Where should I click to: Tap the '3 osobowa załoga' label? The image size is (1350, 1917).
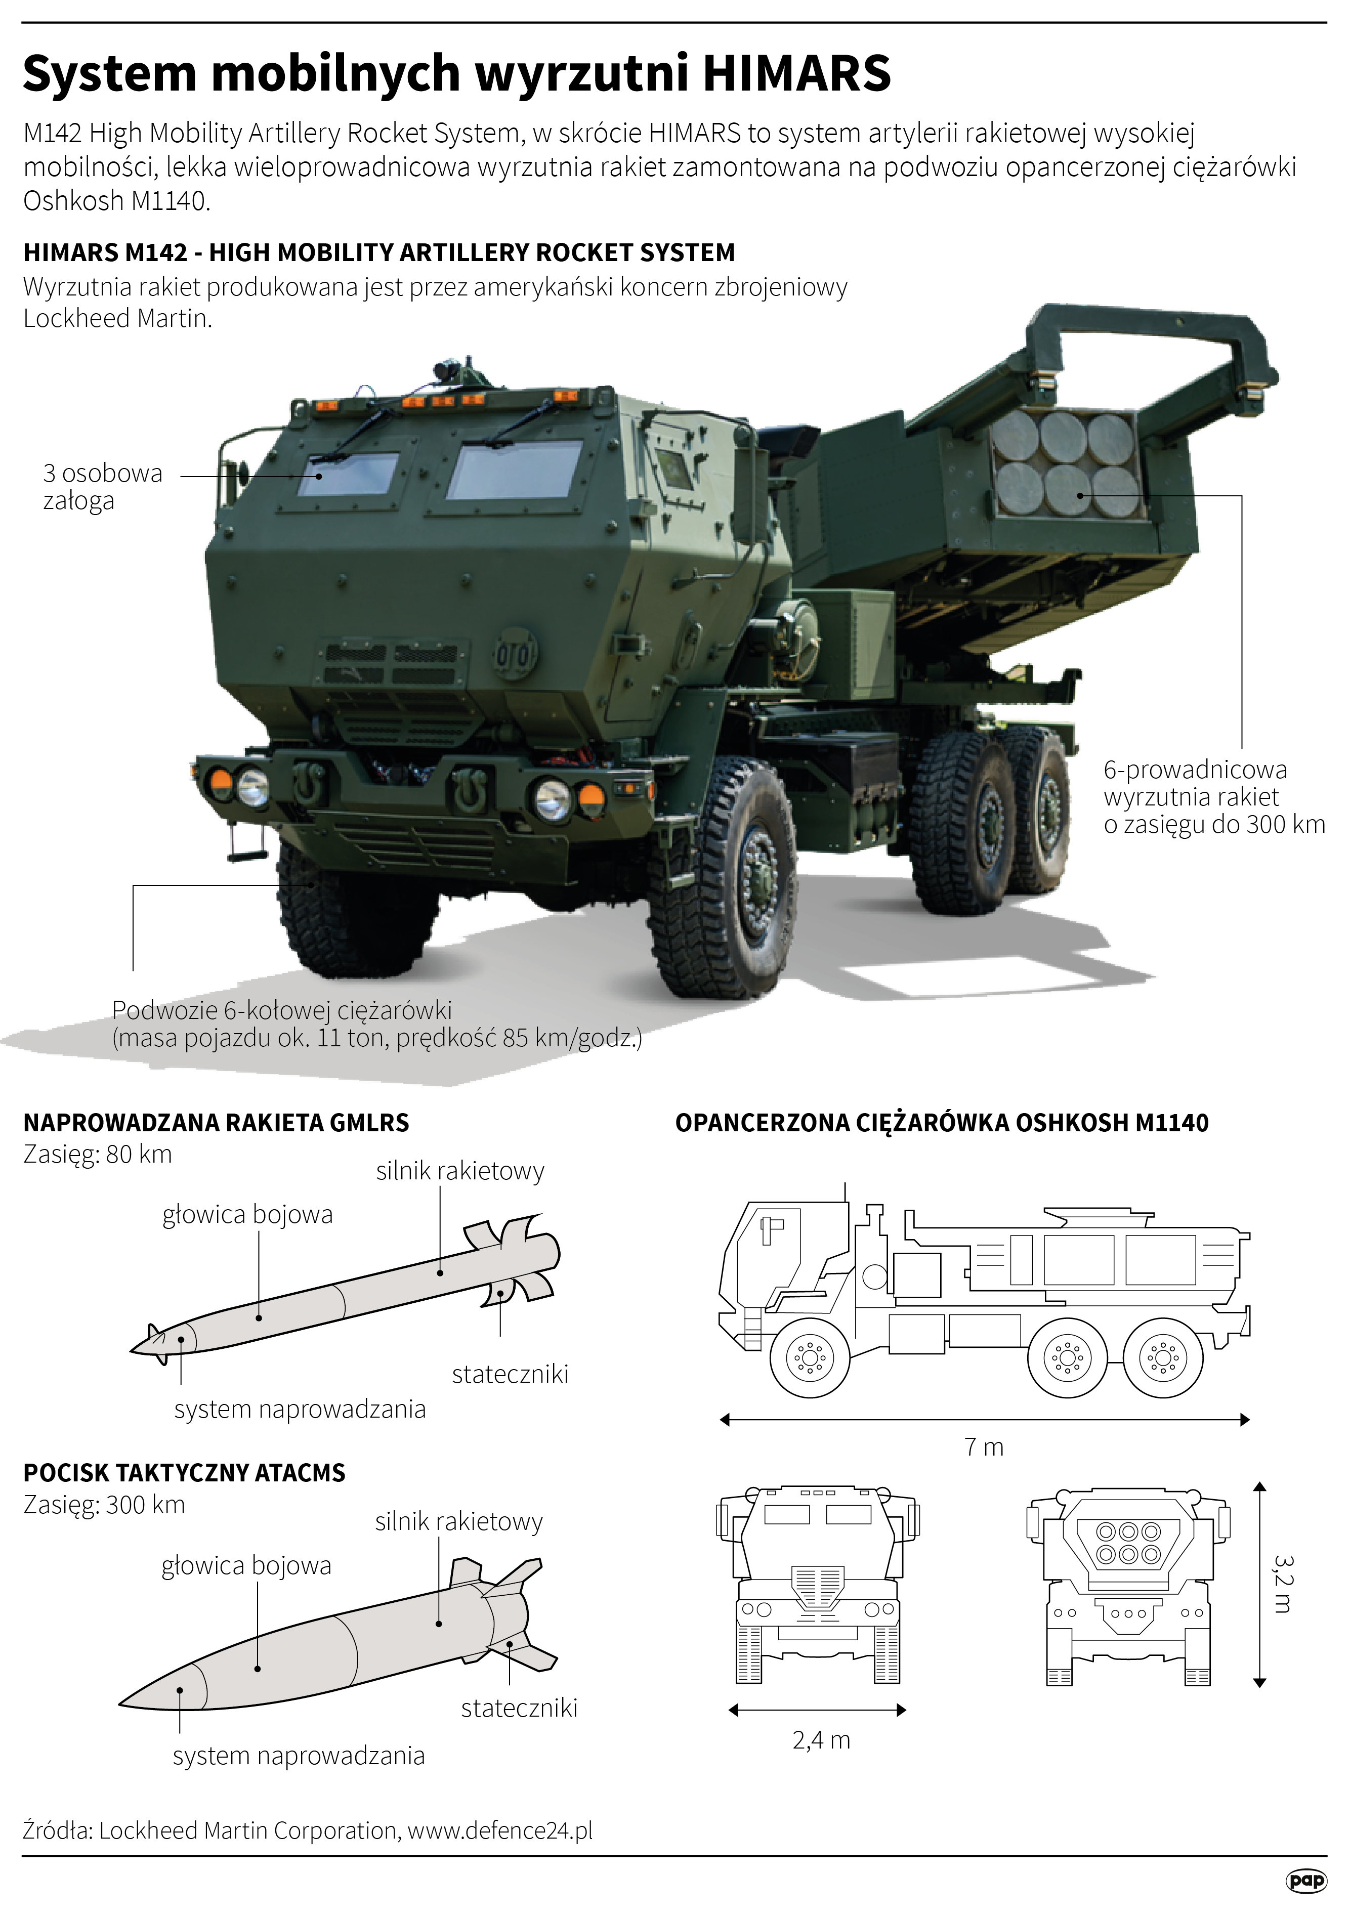[102, 487]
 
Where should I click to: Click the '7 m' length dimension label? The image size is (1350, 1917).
[984, 1447]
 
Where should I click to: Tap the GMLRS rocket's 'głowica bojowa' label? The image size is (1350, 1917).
[247, 1215]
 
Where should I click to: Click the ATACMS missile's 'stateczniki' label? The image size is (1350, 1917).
[519, 1708]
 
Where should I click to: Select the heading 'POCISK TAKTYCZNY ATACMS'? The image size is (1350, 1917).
[184, 1473]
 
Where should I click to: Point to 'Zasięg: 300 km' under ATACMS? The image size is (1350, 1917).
[104, 1505]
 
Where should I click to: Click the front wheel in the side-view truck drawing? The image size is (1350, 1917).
[809, 1358]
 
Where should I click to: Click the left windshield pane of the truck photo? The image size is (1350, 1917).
[348, 474]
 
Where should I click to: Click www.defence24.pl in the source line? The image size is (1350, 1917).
[500, 1831]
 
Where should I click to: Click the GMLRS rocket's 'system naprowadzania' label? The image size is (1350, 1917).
[300, 1410]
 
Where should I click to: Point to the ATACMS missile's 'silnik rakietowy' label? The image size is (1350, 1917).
[458, 1522]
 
